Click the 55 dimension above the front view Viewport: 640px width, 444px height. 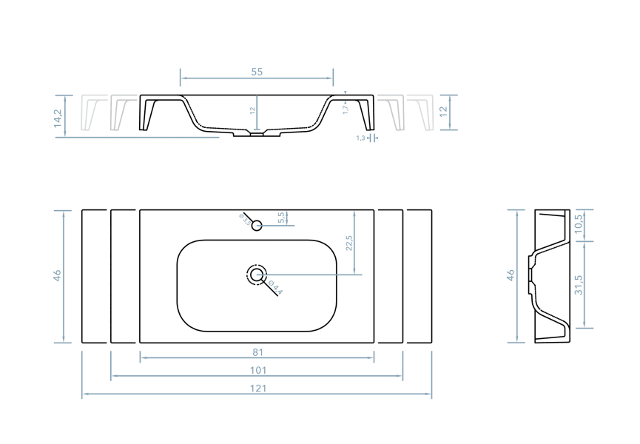click(x=257, y=72)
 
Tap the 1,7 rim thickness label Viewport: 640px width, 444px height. click(x=346, y=109)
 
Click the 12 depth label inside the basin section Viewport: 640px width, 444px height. click(x=252, y=111)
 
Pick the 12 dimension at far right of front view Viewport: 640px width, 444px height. click(x=443, y=112)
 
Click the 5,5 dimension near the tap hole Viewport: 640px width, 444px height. click(x=281, y=218)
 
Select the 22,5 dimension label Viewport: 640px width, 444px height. click(x=349, y=243)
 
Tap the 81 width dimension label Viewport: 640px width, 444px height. click(x=257, y=352)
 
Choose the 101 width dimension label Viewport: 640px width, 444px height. click(x=257, y=371)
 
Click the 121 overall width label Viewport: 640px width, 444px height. click(x=257, y=388)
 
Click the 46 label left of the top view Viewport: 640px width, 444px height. click(x=58, y=276)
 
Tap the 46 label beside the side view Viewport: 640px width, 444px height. click(x=511, y=276)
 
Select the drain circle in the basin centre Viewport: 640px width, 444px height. click(x=257, y=275)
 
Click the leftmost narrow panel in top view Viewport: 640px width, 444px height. click(x=95, y=277)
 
